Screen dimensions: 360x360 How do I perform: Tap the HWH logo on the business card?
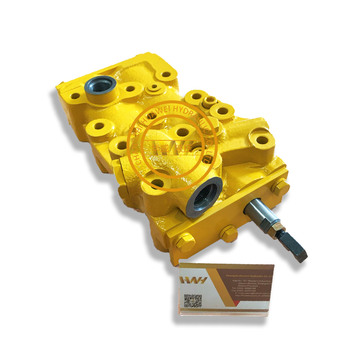point(193,279)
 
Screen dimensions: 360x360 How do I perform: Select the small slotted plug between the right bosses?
point(210,99)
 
